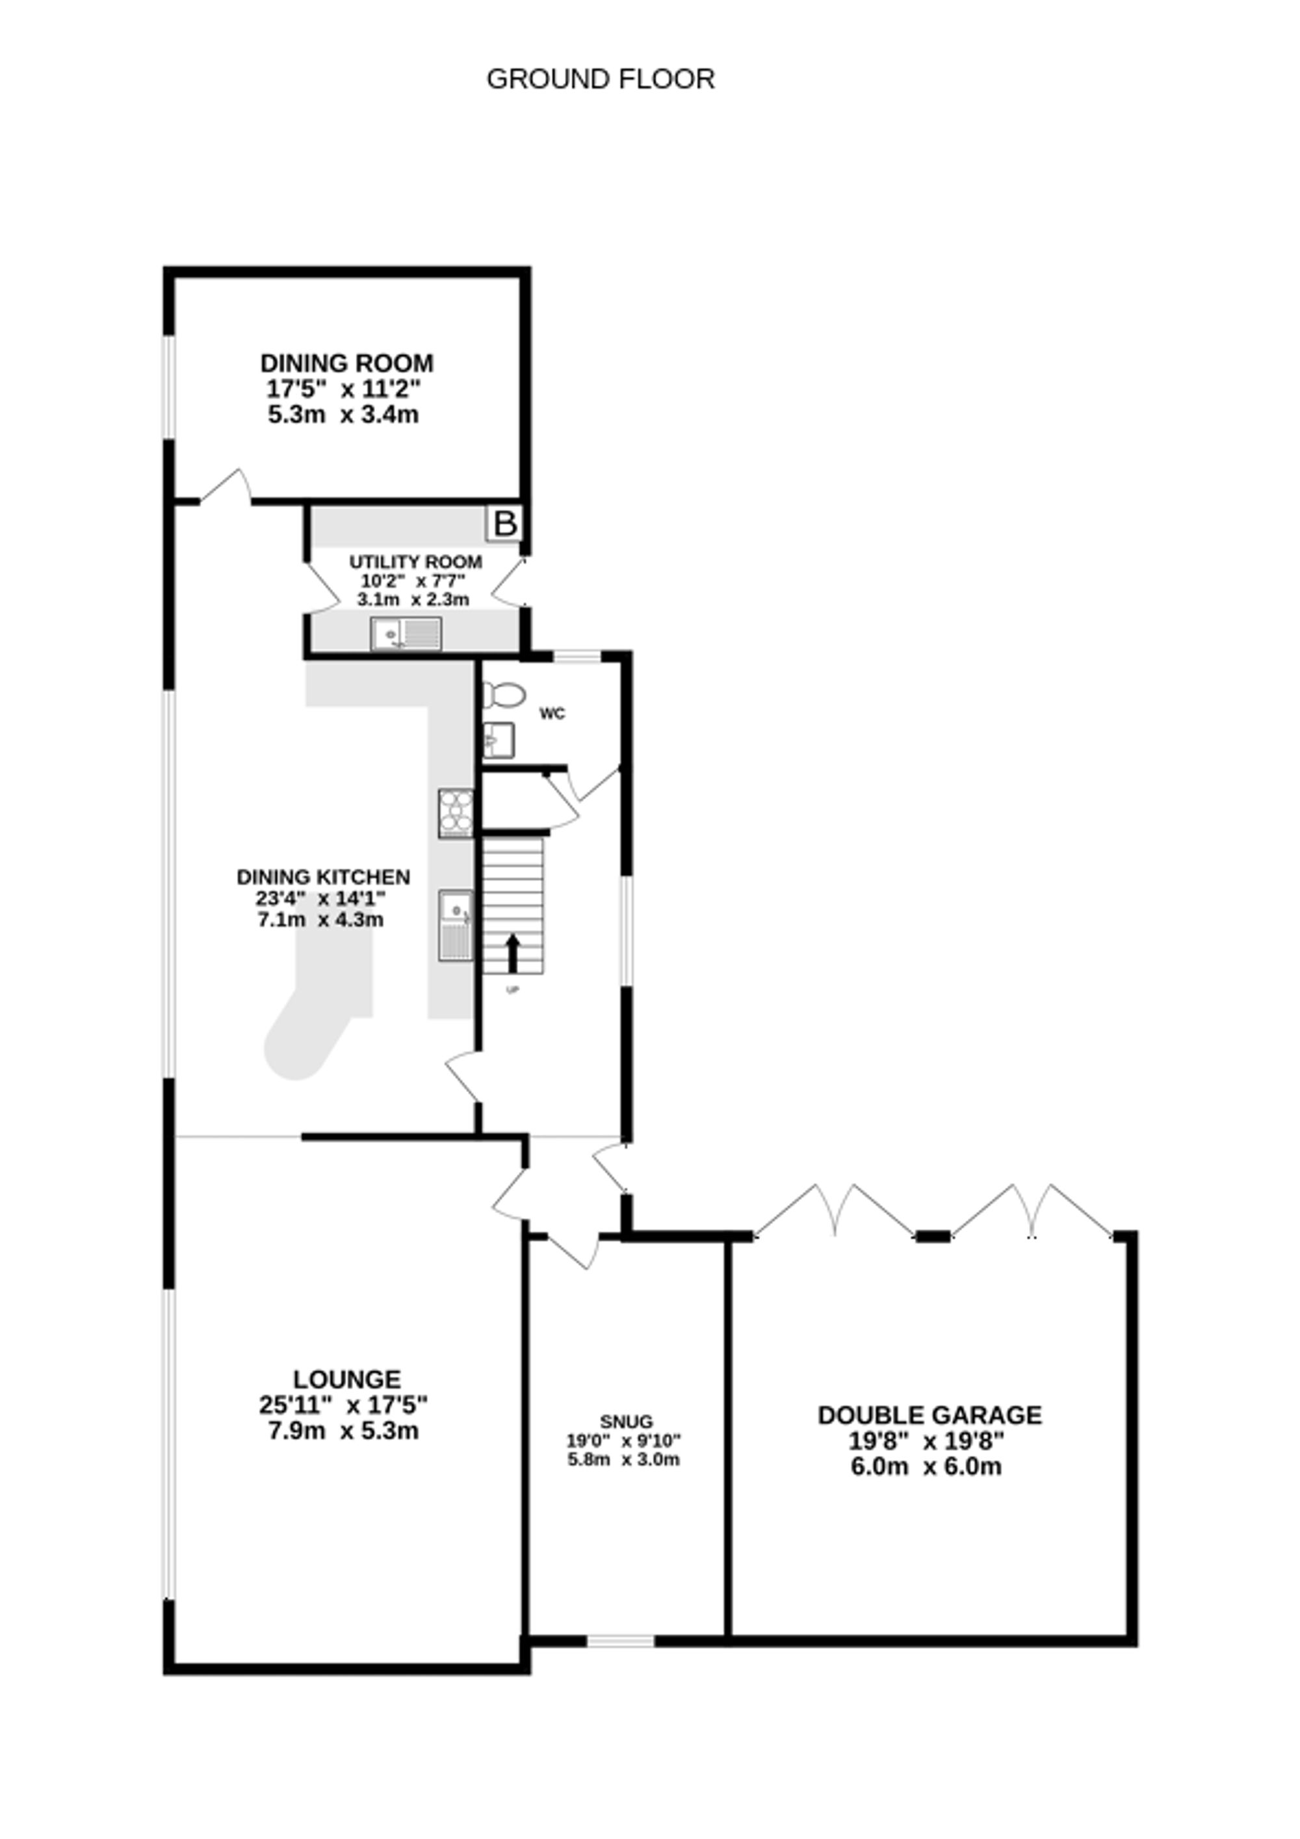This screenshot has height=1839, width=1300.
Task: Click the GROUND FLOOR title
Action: click(x=600, y=79)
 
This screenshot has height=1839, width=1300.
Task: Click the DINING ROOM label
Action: click(x=347, y=363)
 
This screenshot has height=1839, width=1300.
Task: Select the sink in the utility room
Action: click(x=406, y=634)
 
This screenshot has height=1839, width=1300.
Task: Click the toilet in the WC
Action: click(x=502, y=694)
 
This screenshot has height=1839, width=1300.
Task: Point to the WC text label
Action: click(x=552, y=714)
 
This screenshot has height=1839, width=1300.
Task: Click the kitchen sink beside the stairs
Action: click(x=456, y=924)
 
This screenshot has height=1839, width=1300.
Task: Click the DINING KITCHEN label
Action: click(x=323, y=877)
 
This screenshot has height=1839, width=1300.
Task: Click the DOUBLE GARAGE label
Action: click(x=929, y=1415)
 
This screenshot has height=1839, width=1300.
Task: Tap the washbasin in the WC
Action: click(x=498, y=740)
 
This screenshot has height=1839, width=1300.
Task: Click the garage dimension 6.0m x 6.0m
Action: click(x=926, y=1467)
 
